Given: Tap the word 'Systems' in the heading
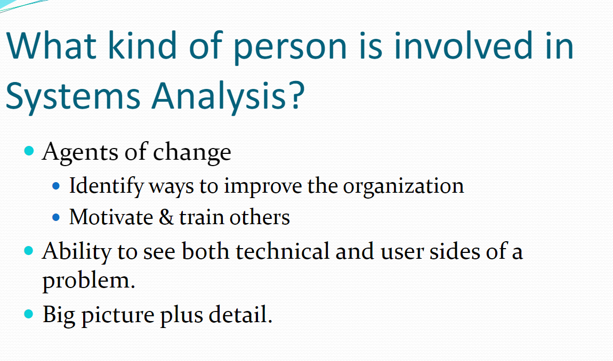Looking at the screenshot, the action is point(72,96).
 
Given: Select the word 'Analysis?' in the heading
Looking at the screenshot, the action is point(228,96).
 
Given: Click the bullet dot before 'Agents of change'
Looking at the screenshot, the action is point(29,151).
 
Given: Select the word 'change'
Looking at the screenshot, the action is point(192,152).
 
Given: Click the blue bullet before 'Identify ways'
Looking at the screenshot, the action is point(56,186).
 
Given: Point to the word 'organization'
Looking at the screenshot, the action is point(404,187).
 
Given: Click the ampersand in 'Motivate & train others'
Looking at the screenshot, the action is point(166,217).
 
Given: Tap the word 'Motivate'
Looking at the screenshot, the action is point(111,217).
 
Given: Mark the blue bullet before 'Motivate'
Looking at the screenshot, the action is point(56,217).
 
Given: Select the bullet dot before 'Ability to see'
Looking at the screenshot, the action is point(29,250).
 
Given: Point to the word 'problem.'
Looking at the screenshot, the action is point(88,281).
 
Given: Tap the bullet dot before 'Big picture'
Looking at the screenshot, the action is point(29,313).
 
